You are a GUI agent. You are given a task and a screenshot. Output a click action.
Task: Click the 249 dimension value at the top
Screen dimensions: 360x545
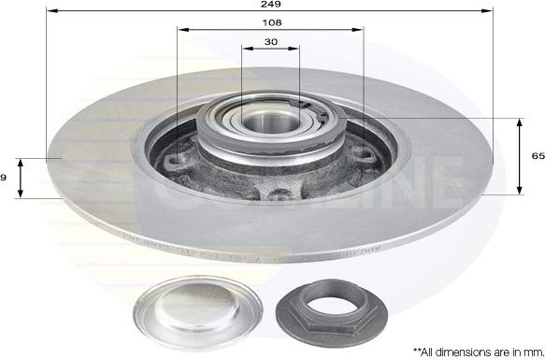[271, 5]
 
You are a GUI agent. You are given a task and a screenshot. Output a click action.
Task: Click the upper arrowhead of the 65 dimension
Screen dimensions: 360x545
[519, 122]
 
